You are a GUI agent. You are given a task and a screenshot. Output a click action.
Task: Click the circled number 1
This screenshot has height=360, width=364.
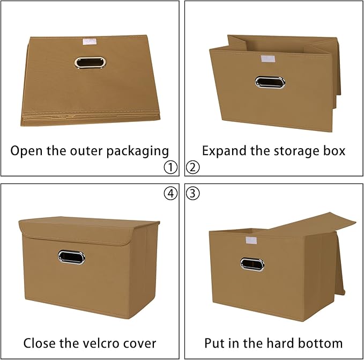(170, 167)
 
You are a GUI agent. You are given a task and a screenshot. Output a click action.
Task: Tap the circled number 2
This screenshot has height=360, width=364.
(193, 167)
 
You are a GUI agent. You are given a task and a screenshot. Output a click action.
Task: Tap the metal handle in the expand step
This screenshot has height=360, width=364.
(270, 82)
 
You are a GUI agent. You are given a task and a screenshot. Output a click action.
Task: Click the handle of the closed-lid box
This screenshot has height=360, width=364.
(71, 256)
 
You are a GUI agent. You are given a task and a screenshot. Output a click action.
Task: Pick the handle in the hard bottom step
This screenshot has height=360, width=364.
(252, 264)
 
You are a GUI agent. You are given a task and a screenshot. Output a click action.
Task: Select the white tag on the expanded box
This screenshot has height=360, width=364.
(268, 59)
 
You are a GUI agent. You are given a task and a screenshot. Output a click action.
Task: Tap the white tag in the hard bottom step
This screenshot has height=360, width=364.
(251, 239)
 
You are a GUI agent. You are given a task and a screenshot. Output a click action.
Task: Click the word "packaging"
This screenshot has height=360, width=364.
(139, 151)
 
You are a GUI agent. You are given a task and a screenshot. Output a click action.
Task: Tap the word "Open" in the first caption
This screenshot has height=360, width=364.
(27, 151)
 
